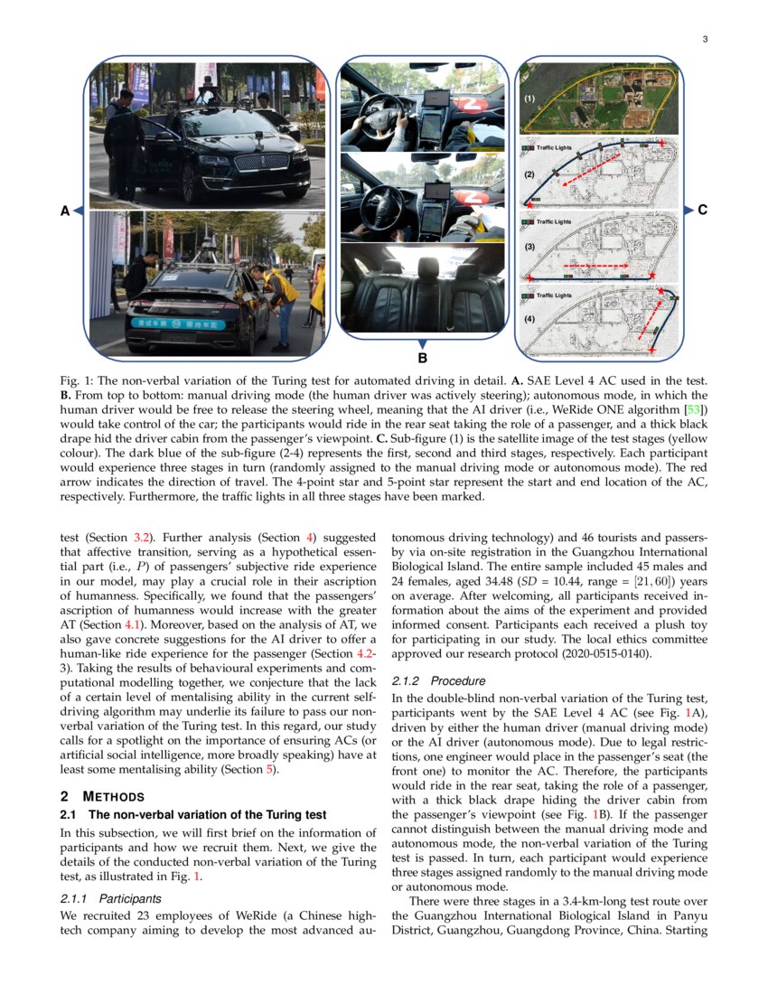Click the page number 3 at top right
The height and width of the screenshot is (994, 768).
(704, 39)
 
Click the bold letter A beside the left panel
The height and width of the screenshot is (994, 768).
(64, 211)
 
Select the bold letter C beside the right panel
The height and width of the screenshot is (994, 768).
(702, 210)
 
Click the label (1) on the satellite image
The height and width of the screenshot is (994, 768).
(530, 97)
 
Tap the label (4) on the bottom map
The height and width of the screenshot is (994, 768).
(530, 319)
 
